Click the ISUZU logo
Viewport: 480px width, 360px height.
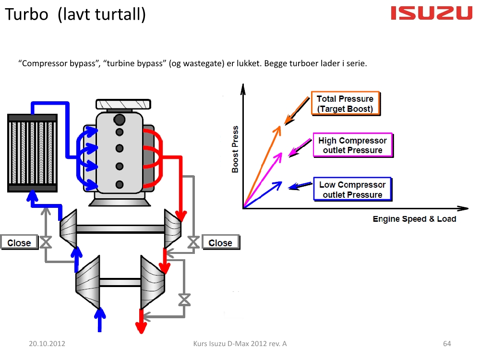(432, 13)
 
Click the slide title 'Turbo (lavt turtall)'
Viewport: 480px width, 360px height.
(75, 15)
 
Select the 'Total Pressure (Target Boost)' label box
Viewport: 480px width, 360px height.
(345, 104)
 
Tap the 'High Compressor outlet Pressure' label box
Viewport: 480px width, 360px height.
(352, 145)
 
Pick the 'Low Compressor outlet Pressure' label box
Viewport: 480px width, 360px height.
(352, 189)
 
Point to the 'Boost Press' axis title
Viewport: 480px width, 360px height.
(235, 149)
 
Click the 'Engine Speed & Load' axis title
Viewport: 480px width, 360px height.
(414, 219)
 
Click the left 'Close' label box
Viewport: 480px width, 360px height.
(19, 243)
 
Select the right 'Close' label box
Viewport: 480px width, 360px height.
(220, 243)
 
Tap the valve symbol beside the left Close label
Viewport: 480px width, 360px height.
(46, 242)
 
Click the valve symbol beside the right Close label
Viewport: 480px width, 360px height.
(193, 242)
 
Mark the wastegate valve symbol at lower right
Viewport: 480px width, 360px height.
(183, 300)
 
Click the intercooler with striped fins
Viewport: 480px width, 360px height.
(32, 153)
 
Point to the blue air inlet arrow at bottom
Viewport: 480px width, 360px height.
(100, 319)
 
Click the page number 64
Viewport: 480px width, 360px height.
(447, 344)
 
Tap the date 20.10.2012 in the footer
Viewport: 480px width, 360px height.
(47, 344)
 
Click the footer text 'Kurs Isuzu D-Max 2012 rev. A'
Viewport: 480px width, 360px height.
(240, 344)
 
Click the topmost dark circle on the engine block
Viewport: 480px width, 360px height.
(120, 118)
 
